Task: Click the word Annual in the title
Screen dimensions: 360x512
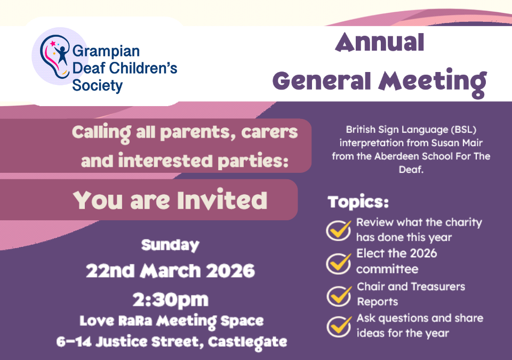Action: coord(380,43)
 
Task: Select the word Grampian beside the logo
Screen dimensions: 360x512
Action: coord(106,52)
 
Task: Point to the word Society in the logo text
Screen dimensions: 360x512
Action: coord(97,85)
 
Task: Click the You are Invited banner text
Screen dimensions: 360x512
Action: coord(170,200)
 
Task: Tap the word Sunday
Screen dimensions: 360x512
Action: coord(170,245)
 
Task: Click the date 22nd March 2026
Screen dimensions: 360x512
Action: coord(170,271)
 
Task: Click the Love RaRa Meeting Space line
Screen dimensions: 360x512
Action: coord(171,321)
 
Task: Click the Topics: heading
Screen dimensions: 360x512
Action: coord(358,203)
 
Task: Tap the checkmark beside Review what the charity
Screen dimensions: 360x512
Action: coord(339,229)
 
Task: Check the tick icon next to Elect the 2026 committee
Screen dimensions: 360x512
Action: coord(339,261)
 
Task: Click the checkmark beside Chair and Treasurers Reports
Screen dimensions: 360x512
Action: coord(339,294)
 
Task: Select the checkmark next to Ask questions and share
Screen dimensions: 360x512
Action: coord(339,325)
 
